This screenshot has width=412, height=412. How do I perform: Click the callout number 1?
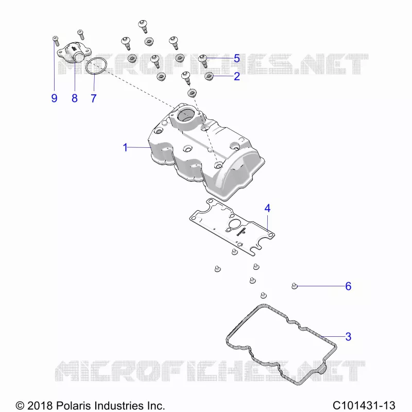coord(125,147)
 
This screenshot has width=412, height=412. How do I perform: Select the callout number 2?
coord(237,76)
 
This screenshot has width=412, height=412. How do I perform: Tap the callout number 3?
coord(348,337)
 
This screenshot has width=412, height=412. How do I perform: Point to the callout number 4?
coord(267,209)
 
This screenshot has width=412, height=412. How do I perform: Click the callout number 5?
coord(237,58)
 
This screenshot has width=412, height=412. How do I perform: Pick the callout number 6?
coord(348,286)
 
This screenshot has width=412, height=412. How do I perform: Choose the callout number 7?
coord(94,98)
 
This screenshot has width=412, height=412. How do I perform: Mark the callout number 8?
coord(75,98)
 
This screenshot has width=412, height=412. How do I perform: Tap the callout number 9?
coord(54,98)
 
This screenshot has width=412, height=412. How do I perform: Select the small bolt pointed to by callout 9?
coord(56,41)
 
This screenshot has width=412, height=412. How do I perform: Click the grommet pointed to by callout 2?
coord(209,76)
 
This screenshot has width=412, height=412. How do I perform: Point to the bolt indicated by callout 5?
coord(203,61)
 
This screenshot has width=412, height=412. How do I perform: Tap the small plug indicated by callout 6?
coord(295,286)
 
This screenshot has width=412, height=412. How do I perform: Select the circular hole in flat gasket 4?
coord(234,225)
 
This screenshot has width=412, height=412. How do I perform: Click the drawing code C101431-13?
coord(364,405)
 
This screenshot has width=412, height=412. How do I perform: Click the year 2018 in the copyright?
coord(40,405)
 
